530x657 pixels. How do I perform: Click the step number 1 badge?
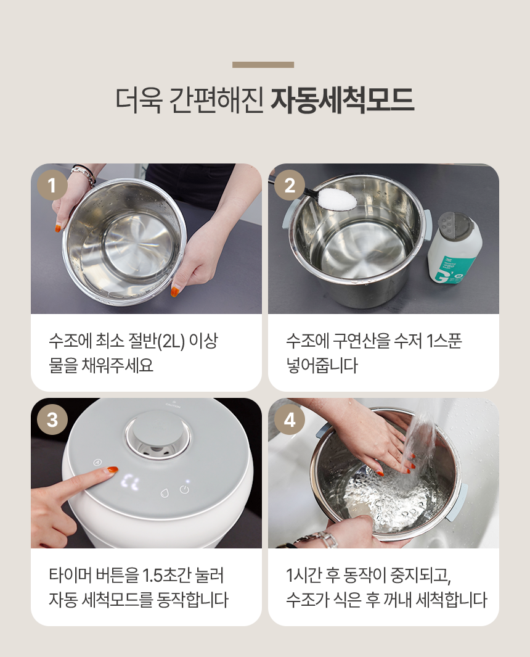click(x=52, y=185)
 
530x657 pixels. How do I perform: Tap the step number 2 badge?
click(x=290, y=185)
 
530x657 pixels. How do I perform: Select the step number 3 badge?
click(x=52, y=419)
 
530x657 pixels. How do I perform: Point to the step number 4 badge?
click(x=290, y=419)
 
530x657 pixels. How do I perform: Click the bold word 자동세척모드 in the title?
click(x=343, y=101)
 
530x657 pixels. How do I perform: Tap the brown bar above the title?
click(x=263, y=65)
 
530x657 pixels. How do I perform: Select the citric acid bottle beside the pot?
click(x=454, y=249)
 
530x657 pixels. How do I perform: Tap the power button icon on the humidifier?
click(x=184, y=489)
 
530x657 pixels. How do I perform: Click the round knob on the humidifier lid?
click(x=157, y=436)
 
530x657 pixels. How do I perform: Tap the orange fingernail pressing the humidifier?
click(x=112, y=469)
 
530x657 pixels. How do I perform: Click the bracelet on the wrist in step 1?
click(x=84, y=175)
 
